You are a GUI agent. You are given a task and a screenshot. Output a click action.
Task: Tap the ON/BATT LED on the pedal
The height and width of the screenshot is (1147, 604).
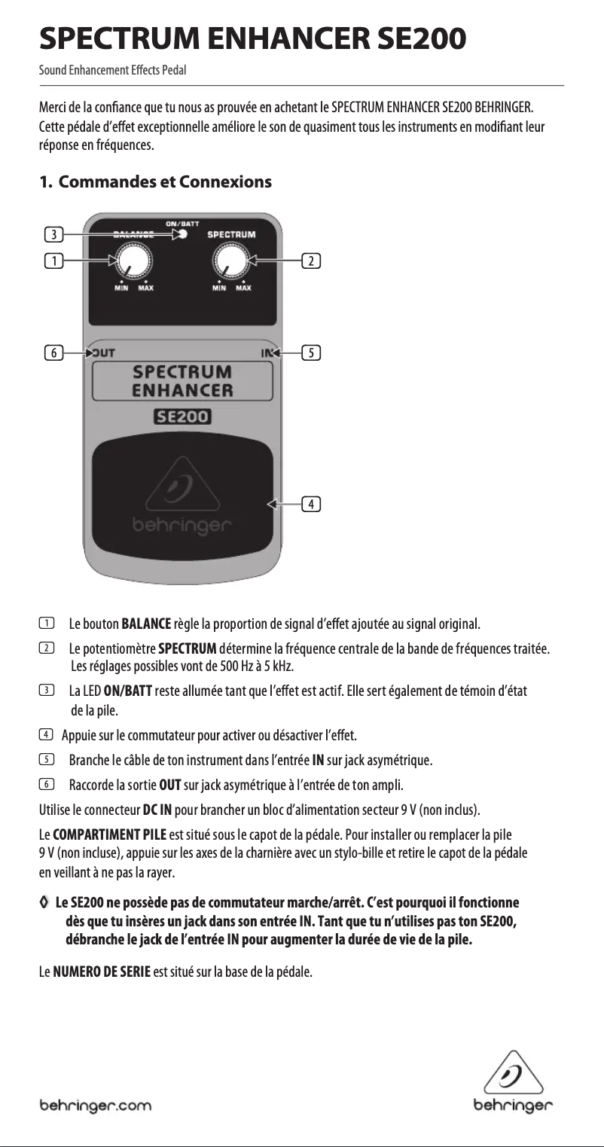pyautogui.click(x=182, y=234)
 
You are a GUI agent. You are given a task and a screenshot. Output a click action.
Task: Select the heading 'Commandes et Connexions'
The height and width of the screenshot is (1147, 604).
pyautogui.click(x=165, y=182)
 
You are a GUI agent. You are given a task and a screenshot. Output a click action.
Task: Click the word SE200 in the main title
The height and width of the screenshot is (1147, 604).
pyautogui.click(x=410, y=35)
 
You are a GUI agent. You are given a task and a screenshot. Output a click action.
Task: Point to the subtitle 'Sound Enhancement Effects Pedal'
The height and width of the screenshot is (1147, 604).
pyautogui.click(x=113, y=71)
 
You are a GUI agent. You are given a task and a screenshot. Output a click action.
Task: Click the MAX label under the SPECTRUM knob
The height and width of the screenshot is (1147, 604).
pyautogui.click(x=243, y=288)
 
